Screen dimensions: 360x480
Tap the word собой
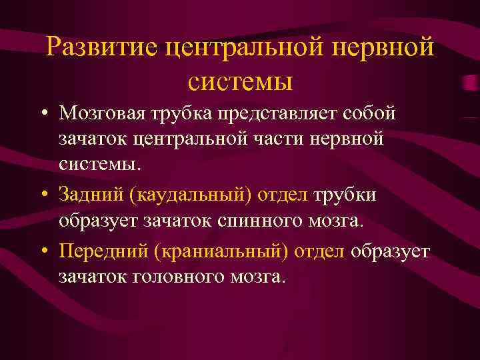[369, 113]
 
